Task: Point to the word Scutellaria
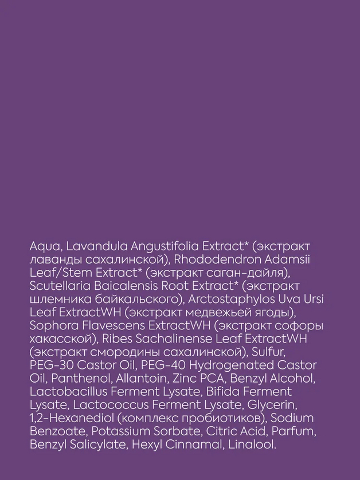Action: point(57,286)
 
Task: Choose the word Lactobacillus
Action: point(71,392)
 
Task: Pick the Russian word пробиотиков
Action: point(219,418)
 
